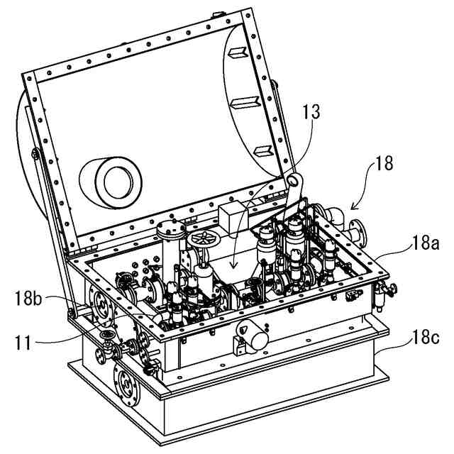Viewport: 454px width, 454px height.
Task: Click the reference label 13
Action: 311,111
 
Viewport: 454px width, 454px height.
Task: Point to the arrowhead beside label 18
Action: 350,206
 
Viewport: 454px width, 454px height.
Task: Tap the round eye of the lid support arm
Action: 294,182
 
